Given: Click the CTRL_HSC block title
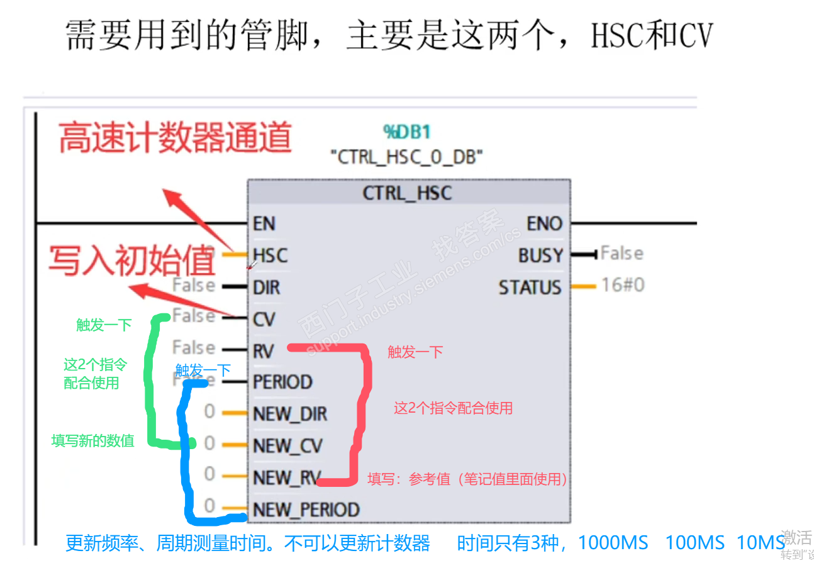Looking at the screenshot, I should click(407, 192).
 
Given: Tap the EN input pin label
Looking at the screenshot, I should click(264, 224).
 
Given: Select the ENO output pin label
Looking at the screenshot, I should click(544, 224).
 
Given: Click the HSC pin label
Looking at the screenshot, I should click(270, 255).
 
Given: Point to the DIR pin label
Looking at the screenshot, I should click(266, 287).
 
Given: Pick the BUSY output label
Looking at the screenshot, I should click(540, 256).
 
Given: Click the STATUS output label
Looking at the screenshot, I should click(530, 287).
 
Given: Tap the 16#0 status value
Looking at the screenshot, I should click(622, 285).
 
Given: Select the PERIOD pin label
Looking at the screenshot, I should click(282, 382).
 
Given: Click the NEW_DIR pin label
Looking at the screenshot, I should click(290, 414).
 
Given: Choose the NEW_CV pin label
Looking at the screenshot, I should click(287, 446).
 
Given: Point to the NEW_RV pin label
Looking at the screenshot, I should click(287, 478).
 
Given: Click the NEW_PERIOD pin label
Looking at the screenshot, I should click(306, 510).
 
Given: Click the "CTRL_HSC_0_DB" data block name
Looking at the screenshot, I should click(407, 157).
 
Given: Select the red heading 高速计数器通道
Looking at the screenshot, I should click(176, 138).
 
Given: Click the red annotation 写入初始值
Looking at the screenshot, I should click(133, 261).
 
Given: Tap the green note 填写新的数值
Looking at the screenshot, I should click(93, 441).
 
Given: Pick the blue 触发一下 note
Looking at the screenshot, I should click(203, 369).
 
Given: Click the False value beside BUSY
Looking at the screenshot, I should click(622, 254).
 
